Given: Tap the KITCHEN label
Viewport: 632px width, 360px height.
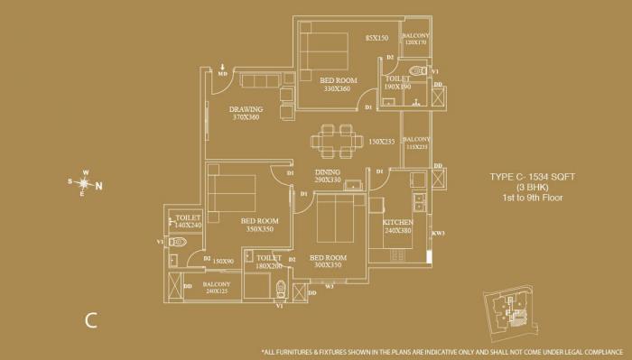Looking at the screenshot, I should click(x=398, y=221).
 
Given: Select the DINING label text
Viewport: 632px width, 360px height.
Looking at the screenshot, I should click(x=327, y=172).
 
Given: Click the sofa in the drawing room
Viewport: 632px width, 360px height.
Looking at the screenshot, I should click(x=260, y=82).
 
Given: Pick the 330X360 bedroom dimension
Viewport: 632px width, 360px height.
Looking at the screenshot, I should click(x=338, y=88).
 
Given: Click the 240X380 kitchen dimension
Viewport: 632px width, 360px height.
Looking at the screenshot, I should click(x=398, y=230).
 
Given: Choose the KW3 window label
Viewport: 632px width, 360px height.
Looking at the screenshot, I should click(x=438, y=235).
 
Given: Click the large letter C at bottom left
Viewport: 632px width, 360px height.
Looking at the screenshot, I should click(x=91, y=318).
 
